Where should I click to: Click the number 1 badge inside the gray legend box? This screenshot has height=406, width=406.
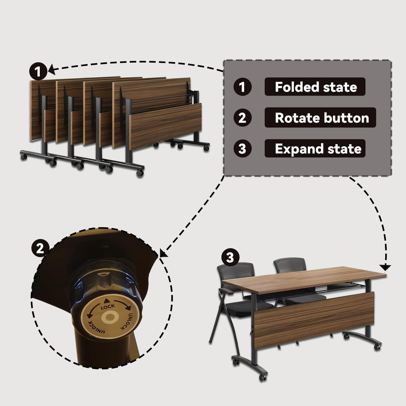(x=242, y=87)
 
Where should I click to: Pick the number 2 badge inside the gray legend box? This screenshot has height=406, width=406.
(x=242, y=118)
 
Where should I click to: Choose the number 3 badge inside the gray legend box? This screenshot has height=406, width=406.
(x=242, y=148)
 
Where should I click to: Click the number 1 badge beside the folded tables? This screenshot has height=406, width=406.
(x=38, y=71)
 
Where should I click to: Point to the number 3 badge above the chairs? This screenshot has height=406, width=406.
(x=230, y=257)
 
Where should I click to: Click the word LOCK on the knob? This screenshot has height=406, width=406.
(x=108, y=306)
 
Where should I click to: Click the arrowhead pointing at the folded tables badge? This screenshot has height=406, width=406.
(x=51, y=70)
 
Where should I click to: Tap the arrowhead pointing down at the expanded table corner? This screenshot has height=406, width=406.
(x=386, y=267)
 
